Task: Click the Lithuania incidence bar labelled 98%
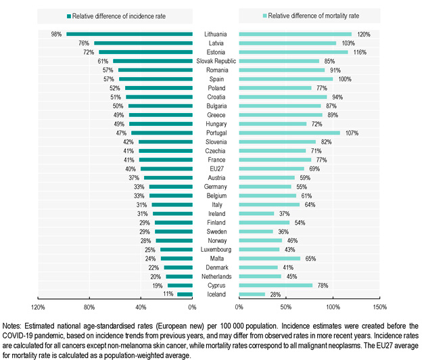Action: [129, 34]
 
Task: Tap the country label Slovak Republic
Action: [216, 61]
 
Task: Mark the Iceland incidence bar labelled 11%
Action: [185, 294]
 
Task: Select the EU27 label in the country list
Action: [216, 168]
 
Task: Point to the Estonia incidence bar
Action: [145, 51]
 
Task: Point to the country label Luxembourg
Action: [216, 249]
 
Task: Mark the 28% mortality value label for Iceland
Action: [275, 294]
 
